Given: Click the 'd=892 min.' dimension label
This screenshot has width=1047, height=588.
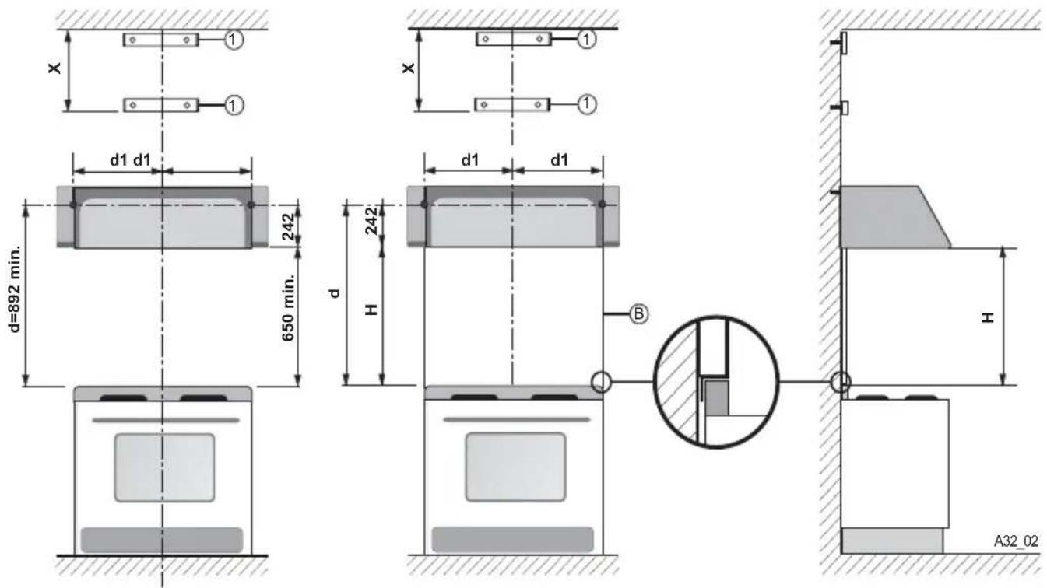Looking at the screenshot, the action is coord(16,289).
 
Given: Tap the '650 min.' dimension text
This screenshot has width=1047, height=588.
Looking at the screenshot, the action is coord(288,308).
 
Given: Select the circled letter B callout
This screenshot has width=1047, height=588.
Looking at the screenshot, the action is coord(638,313).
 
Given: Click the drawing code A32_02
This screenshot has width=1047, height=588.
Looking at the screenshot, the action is coord(1016,541).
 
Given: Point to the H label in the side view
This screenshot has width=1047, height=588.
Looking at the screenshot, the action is coord(988,317).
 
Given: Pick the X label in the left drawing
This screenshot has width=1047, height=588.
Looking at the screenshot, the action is coord(54,68).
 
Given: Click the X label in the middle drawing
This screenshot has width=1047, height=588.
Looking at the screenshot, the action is coord(408,68).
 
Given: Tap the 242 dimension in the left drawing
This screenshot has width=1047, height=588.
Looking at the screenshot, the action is coord(289,226).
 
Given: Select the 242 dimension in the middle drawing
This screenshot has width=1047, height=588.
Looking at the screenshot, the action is coord(371,221).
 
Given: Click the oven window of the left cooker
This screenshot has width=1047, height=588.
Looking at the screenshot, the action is coord(164,467).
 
